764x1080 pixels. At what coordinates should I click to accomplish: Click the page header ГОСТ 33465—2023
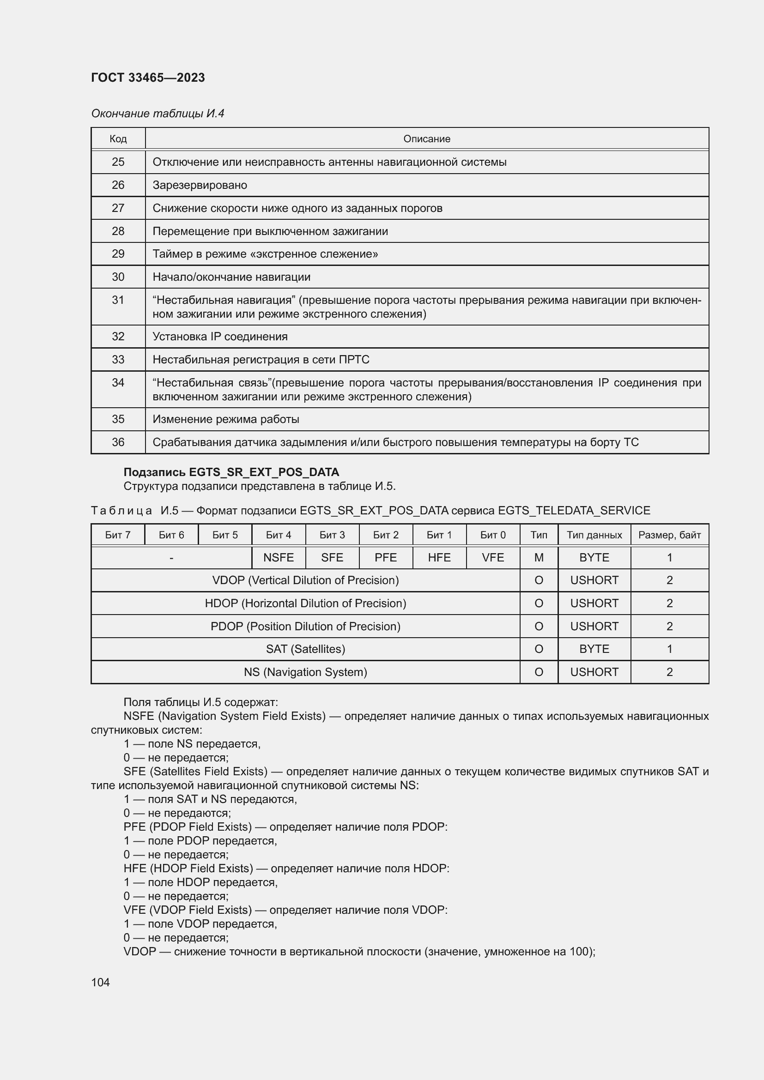coord(148,78)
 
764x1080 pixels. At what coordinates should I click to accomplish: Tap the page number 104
coord(100,982)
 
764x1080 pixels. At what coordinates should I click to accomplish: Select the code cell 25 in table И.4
coord(118,162)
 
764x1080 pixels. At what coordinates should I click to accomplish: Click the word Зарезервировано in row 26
coord(200,185)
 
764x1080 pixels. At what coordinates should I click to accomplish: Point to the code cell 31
coord(118,300)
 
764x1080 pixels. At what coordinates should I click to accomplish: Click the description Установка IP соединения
coord(220,336)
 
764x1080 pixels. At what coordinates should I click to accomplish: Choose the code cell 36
coord(118,442)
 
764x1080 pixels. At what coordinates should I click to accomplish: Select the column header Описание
coord(426,139)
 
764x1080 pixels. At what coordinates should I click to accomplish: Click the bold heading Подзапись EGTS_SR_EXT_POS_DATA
coord(231,472)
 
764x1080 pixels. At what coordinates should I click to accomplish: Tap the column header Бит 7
coord(118,535)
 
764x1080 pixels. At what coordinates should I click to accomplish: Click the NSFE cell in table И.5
coord(279,557)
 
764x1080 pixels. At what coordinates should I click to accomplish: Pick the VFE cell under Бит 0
coord(492,557)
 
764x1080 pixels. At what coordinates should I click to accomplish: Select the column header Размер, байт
coord(669,535)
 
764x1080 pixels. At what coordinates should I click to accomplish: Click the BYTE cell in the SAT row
coord(594,649)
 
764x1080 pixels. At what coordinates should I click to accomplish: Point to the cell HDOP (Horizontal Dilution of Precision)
coord(305,603)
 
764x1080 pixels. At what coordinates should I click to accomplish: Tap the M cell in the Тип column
coord(539,557)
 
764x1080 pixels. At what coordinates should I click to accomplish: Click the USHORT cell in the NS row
coord(594,672)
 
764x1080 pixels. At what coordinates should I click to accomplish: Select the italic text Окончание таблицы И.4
coord(158,114)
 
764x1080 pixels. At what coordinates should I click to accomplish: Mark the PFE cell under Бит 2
coord(385,557)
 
